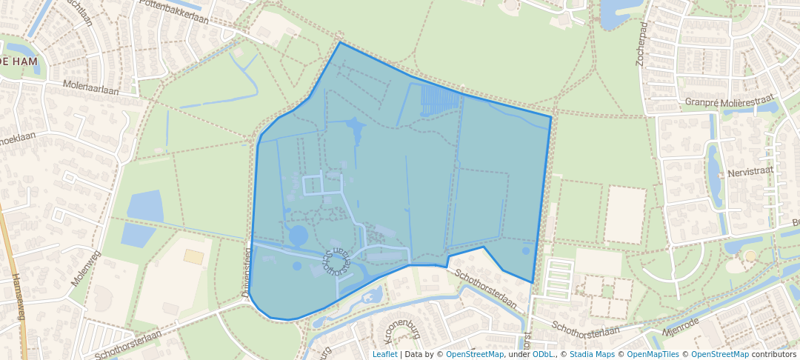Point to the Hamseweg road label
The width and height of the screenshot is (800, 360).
17,296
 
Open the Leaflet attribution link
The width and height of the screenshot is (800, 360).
384,354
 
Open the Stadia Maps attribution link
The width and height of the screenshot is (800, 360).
590,354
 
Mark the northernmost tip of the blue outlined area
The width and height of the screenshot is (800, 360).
340,42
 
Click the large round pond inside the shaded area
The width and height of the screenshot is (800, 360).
299,237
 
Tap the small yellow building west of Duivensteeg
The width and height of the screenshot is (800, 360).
193,257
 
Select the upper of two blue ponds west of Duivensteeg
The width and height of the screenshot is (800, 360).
145,206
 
